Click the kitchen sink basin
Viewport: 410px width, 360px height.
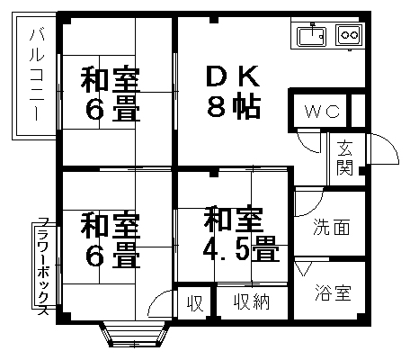click(312, 36)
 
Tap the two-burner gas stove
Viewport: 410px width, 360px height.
click(350, 35)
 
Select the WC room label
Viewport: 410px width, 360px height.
click(322, 112)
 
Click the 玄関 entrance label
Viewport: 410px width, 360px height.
click(344, 157)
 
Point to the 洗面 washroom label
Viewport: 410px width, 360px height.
click(332, 227)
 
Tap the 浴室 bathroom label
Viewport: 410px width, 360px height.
click(333, 292)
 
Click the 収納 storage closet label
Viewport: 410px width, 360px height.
click(252, 301)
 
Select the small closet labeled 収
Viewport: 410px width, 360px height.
click(195, 303)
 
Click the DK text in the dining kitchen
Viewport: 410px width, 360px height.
click(233, 76)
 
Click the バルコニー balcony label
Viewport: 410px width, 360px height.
click(37, 75)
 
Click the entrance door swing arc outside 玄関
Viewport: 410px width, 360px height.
click(390, 143)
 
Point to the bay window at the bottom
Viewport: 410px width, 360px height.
click(135, 335)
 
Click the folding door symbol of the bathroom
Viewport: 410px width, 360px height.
click(303, 268)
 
